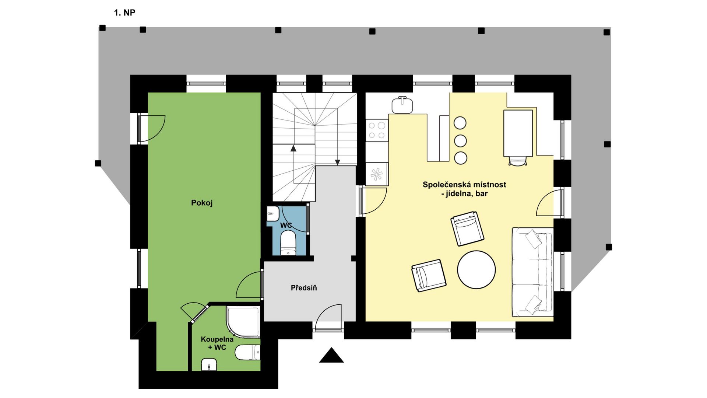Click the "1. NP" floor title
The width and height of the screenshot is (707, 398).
coord(124,13)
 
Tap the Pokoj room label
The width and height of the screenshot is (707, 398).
coord(202,203)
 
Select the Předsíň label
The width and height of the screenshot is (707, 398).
coord(304,288)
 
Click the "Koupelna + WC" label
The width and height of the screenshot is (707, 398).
coord(217,343)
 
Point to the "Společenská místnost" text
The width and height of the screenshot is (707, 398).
coord(464,185)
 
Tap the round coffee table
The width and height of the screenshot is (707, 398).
coord(476,270)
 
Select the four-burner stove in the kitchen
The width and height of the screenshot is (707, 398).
coord(377,130)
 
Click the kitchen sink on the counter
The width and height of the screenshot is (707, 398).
coord(402,105)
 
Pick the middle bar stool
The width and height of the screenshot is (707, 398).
coord(460,140)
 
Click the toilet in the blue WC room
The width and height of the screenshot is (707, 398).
coord(288,243)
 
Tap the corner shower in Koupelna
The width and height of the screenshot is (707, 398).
coord(243,321)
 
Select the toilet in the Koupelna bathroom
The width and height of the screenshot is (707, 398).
coord(247,353)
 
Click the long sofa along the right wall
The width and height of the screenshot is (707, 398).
coord(532,272)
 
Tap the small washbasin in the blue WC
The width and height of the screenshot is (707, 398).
coord(273,214)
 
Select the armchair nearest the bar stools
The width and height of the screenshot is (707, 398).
coord(467,228)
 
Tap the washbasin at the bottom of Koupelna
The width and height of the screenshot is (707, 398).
coord(209,365)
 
